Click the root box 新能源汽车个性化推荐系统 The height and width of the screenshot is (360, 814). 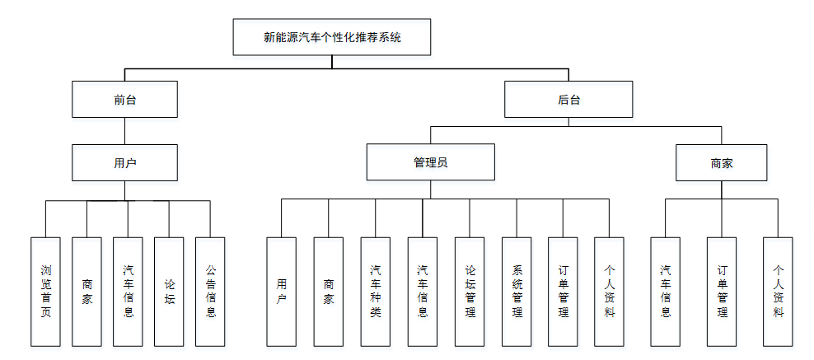click(x=332, y=37)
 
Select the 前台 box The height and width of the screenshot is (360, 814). click(x=124, y=99)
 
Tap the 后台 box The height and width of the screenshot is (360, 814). click(x=568, y=99)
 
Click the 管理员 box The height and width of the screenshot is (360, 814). click(x=430, y=162)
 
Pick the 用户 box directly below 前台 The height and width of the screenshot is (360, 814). click(x=124, y=162)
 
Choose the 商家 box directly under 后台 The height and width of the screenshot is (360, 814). click(x=721, y=162)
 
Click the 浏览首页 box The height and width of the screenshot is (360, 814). click(x=45, y=291)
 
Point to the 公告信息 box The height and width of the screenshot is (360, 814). click(x=210, y=291)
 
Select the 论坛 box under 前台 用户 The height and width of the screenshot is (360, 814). click(x=169, y=291)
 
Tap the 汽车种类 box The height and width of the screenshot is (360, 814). click(x=375, y=291)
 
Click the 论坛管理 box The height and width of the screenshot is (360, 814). click(x=470, y=291)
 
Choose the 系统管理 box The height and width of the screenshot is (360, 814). click(x=517, y=291)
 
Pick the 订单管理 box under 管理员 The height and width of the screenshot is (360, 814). click(x=563, y=291)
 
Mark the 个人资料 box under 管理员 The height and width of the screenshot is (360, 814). click(x=609, y=291)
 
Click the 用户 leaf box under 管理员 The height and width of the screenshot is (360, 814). click(x=281, y=291)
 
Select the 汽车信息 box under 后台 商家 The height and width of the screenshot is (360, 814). click(x=665, y=291)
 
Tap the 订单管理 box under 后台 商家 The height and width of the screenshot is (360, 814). click(x=721, y=291)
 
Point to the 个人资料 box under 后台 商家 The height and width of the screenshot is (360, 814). click(x=777, y=291)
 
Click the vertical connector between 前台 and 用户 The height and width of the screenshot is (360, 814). click(x=124, y=131)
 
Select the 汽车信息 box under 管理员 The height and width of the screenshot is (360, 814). click(x=422, y=291)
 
